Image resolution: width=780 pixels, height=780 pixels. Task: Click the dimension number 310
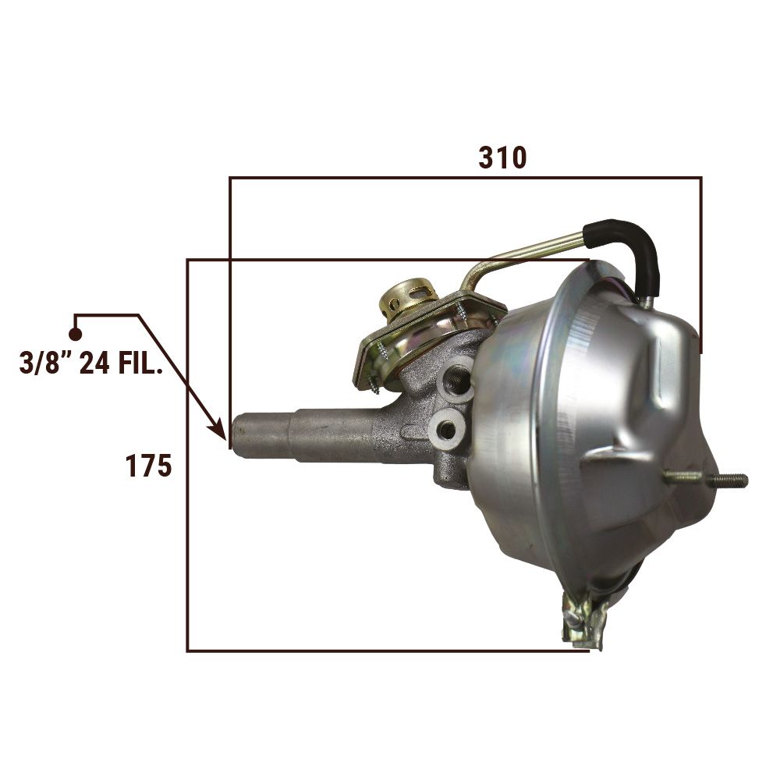[502, 158]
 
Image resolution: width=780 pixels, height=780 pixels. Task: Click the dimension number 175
[148, 466]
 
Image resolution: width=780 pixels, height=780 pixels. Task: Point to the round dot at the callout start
[75, 335]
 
